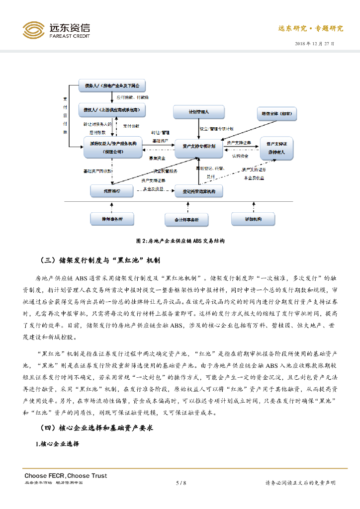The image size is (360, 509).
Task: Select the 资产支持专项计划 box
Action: coord(198,147)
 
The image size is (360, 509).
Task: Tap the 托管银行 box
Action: coord(112,190)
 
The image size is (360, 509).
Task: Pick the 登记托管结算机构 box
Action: coord(198,191)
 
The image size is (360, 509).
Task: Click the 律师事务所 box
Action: coord(112,219)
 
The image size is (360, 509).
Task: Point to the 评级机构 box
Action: coord(253,219)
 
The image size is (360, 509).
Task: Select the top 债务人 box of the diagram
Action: coord(112,85)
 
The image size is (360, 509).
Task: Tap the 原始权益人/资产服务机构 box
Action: coord(112,148)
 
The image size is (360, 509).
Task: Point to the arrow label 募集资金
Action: coord(158,158)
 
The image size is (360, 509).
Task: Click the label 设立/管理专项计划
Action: coord(216,129)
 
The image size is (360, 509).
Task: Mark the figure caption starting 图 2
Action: coord(180,241)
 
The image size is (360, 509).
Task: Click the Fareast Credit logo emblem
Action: coord(34,30)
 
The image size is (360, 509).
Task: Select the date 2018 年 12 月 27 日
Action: coord(315,44)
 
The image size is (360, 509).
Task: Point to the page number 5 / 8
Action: coord(180,483)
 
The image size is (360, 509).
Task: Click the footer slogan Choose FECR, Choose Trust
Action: coord(66,476)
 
